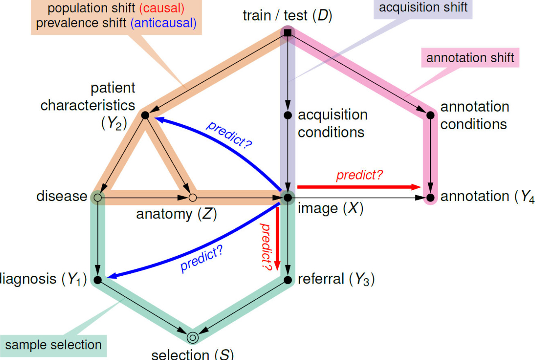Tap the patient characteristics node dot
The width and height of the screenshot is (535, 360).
point(144,115)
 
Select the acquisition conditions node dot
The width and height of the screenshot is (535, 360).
point(288,115)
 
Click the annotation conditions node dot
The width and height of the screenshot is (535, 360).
point(430,115)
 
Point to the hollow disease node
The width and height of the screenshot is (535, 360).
point(97,198)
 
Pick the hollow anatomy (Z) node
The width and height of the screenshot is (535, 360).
point(193,198)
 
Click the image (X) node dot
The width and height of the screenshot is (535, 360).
point(288,198)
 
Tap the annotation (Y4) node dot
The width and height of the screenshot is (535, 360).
point(430,198)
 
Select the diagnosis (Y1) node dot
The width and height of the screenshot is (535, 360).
point(97,280)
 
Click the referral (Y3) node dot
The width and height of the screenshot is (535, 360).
point(288,280)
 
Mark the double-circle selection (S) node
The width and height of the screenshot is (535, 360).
point(193,337)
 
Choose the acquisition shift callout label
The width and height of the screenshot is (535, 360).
point(423,7)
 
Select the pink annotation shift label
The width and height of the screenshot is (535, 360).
point(470,58)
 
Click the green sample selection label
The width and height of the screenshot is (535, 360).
point(54,345)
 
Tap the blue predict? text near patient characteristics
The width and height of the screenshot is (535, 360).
point(229,134)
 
